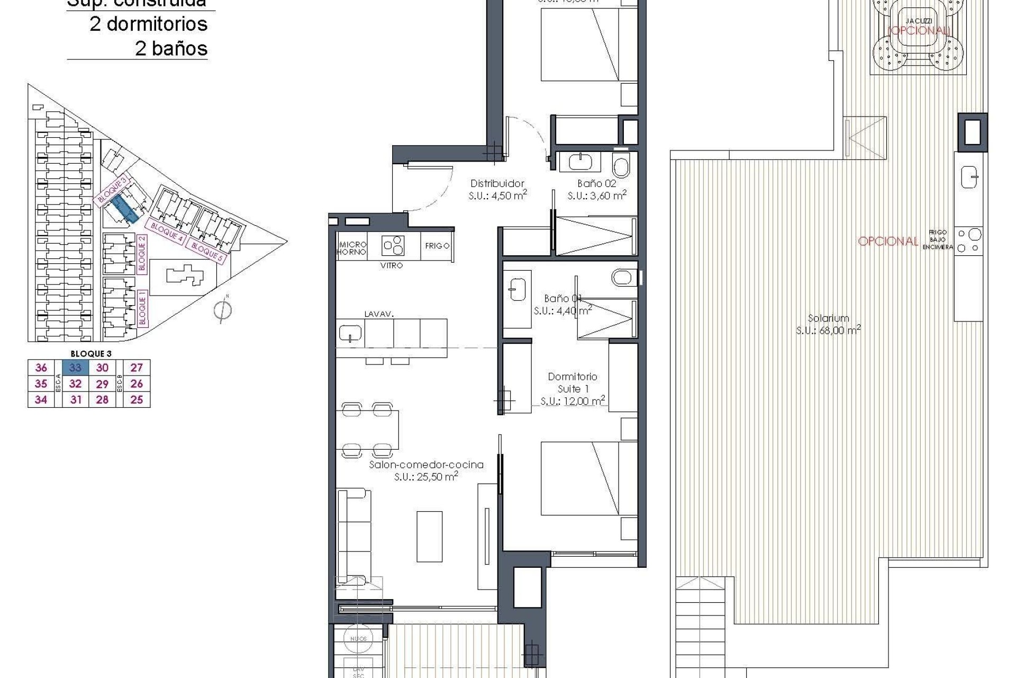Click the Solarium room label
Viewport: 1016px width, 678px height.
click(x=828, y=319)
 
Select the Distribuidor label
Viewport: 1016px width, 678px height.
click(x=497, y=184)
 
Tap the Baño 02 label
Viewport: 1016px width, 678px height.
click(x=597, y=184)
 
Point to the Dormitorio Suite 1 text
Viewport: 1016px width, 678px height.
click(x=572, y=382)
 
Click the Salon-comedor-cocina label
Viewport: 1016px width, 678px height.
click(x=426, y=465)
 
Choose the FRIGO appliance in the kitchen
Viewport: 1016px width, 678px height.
click(x=437, y=246)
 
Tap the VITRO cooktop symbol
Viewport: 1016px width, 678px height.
click(x=393, y=246)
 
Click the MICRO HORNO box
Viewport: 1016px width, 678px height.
click(x=352, y=248)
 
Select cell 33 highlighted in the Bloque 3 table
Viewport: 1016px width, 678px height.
click(x=75, y=368)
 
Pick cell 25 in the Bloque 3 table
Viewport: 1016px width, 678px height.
click(x=137, y=400)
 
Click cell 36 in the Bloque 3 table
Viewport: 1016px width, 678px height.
click(x=41, y=368)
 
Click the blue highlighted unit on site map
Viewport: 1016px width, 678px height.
click(x=125, y=207)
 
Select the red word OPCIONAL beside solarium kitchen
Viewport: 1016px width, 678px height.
click(x=888, y=242)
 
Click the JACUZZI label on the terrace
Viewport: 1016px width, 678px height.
click(x=919, y=21)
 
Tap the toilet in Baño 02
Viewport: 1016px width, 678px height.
click(x=621, y=165)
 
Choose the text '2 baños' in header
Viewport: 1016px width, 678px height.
click(x=171, y=49)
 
